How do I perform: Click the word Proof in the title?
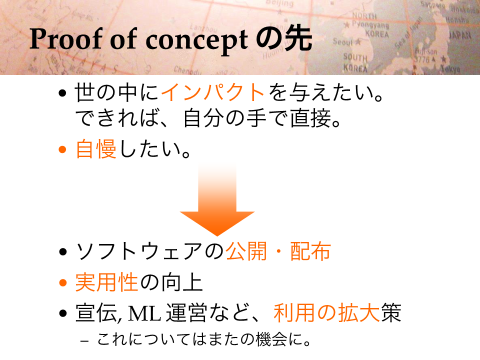tap(66, 39)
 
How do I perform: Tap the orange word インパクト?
tap(213, 92)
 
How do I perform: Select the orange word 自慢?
tap(96, 149)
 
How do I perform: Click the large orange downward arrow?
tap(217, 199)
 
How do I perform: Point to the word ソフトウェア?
tap(140, 251)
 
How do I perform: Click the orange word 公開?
tap(246, 251)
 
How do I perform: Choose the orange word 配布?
tap(310, 251)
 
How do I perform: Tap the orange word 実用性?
tap(106, 282)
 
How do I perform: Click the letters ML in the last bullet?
tap(144, 313)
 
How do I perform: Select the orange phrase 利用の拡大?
tap(326, 313)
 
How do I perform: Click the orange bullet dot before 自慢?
tap(62, 149)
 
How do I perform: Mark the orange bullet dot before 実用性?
tap(63, 282)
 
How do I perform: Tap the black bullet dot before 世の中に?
tap(62, 93)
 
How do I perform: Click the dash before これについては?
tap(85, 340)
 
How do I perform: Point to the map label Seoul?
tap(343, 41)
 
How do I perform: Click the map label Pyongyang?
tap(370, 24)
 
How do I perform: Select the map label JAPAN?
tap(460, 35)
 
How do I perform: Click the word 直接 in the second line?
tap(310, 118)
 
